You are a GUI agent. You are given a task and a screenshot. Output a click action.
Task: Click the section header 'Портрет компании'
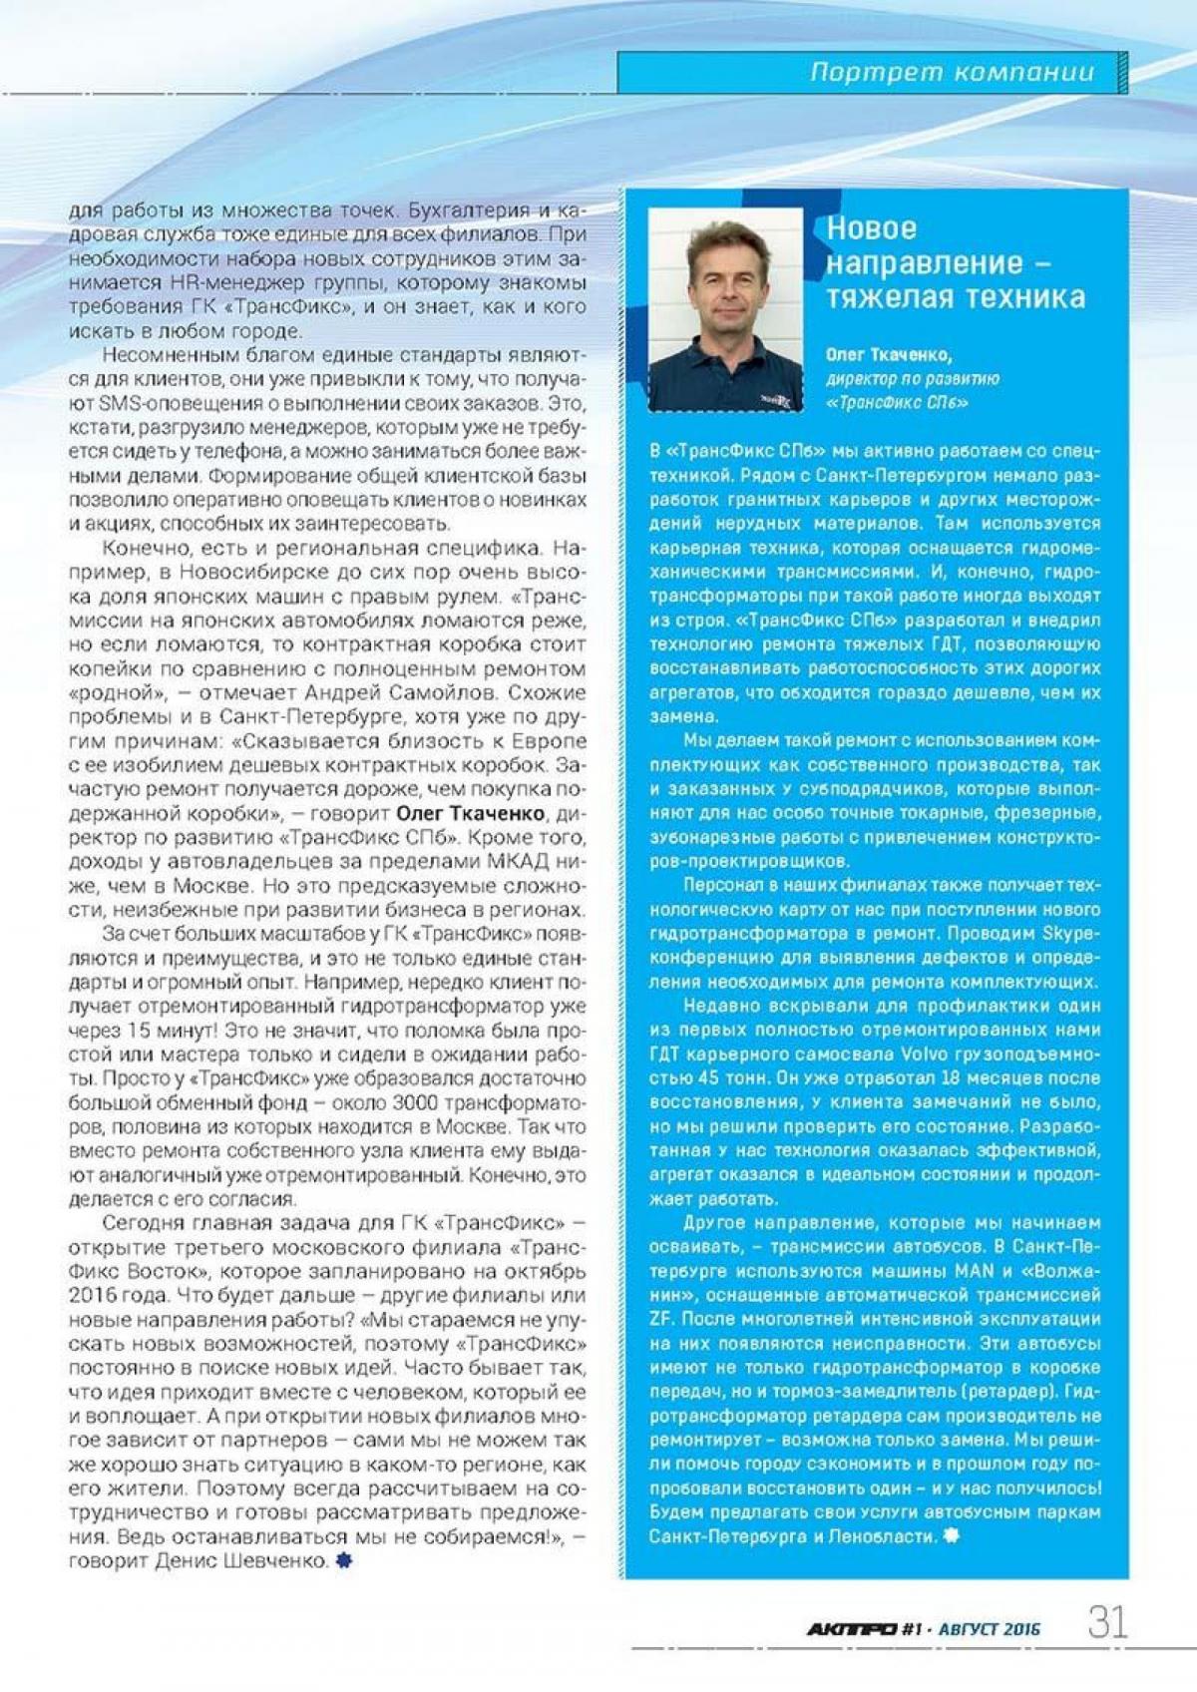click(x=952, y=72)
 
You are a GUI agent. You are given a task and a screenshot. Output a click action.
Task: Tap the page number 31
click(x=1107, y=1622)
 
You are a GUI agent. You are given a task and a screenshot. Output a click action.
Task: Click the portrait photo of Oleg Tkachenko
click(x=725, y=309)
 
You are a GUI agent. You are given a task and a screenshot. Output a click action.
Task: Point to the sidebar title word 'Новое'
click(x=871, y=228)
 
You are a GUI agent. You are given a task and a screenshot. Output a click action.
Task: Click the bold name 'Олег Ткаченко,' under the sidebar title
click(x=889, y=354)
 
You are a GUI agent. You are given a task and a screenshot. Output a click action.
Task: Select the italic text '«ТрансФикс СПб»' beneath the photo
click(x=897, y=403)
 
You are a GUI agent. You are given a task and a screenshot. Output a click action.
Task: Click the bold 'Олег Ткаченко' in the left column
click(x=471, y=813)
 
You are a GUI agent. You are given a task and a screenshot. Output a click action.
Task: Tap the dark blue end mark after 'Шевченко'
click(x=343, y=1560)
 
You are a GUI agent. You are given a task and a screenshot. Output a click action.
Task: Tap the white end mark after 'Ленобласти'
click(x=952, y=1535)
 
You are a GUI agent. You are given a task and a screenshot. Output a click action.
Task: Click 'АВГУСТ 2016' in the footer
click(x=990, y=1629)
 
